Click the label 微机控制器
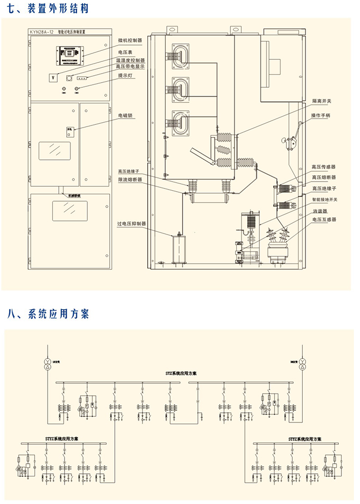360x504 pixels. click(129, 40)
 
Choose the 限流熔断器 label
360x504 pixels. click(130, 179)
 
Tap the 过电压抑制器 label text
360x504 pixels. click(131, 223)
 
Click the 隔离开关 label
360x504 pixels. click(321, 100)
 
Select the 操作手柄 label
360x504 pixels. click(321, 115)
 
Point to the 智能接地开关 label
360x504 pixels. click(324, 199)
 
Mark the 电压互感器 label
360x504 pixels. click(323, 219)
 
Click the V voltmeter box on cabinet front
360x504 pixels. click(52, 78)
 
